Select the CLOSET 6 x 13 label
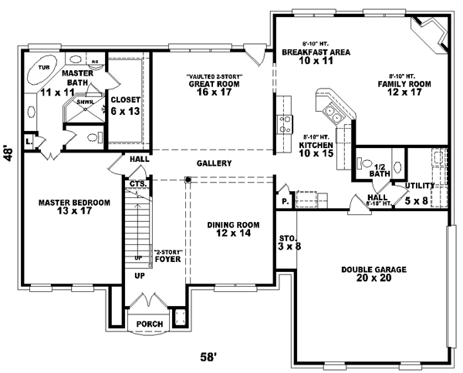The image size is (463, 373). point(124,105)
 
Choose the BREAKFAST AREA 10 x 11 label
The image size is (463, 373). point(316,56)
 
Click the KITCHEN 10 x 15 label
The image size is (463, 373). point(316,148)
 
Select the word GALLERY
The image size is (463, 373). point(214,163)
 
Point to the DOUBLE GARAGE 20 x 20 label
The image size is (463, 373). point(373,274)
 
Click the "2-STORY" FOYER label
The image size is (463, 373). point(167,257)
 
